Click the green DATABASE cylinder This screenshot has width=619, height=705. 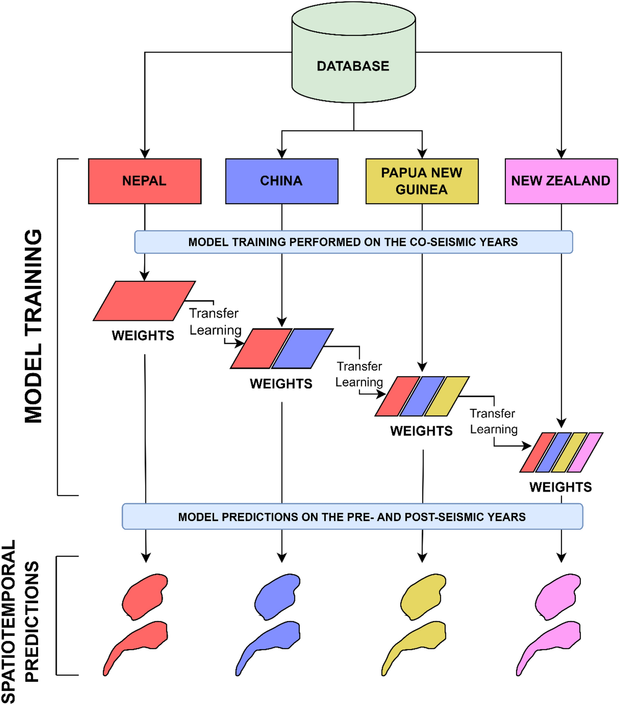click(x=353, y=66)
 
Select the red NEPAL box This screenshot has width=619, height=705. click(x=144, y=181)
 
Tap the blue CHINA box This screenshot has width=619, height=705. click(x=282, y=181)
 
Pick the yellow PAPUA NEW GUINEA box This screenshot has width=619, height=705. click(x=422, y=181)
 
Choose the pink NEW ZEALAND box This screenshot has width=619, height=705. click(x=561, y=181)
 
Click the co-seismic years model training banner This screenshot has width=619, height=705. click(x=353, y=242)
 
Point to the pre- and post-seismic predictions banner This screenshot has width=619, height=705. click(x=352, y=517)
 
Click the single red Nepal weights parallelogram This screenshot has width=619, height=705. click(x=144, y=301)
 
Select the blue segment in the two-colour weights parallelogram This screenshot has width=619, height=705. click(x=302, y=348)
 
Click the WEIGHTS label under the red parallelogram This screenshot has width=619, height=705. click(x=143, y=336)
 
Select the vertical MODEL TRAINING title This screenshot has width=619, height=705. click(x=33, y=326)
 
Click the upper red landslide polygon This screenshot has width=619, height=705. click(x=144, y=596)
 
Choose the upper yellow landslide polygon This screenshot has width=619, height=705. click(x=423, y=596)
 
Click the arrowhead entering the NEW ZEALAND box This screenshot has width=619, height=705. click(x=561, y=154)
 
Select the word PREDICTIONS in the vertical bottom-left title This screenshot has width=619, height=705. click(x=32, y=621)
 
